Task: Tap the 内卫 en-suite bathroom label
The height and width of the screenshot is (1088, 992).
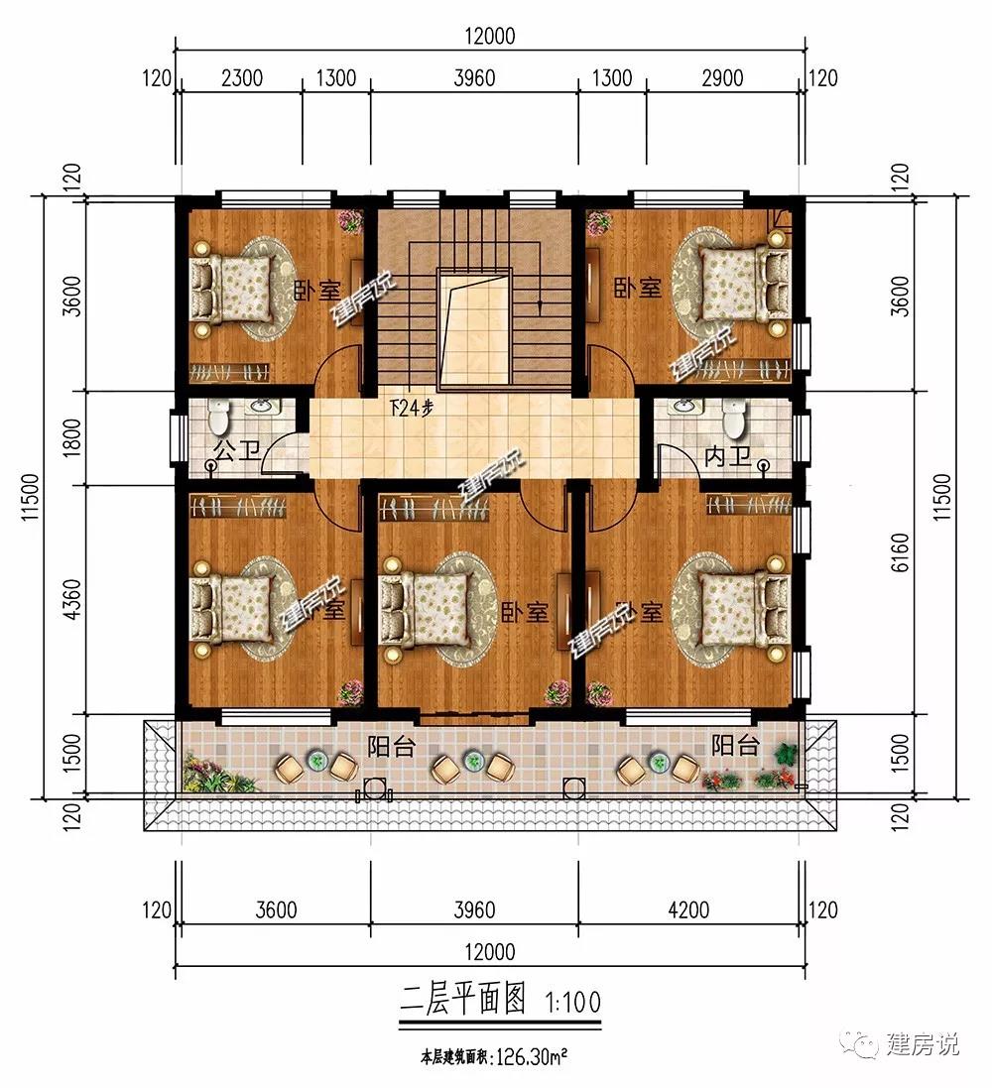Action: (723, 459)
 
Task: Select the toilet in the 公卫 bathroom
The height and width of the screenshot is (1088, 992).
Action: (220, 417)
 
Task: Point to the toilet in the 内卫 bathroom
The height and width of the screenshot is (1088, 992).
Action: (734, 419)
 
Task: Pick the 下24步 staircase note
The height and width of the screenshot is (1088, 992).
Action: (411, 408)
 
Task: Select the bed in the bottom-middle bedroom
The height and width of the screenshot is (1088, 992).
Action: (424, 609)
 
